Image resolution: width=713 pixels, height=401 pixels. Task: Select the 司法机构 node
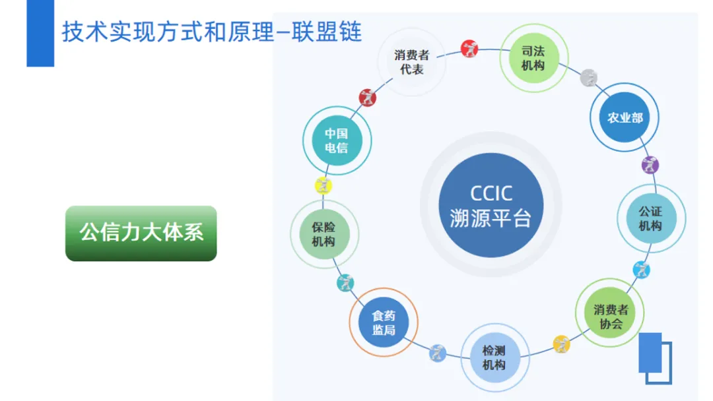[x=533, y=58]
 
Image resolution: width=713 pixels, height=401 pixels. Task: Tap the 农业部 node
[x=624, y=118]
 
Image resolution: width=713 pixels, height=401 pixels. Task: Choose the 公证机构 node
[x=650, y=218]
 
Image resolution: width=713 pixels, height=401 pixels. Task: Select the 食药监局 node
[x=384, y=322]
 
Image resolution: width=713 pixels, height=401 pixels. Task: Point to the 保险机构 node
[x=324, y=234]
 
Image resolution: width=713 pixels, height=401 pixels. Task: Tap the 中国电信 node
[x=336, y=140]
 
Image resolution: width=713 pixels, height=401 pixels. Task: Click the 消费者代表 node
[x=412, y=61]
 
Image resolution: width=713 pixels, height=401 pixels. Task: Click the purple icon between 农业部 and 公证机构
[x=650, y=164]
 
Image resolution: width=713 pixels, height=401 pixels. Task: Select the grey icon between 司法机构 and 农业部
[x=588, y=78]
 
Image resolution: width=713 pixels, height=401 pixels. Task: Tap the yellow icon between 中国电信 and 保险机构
[x=323, y=185]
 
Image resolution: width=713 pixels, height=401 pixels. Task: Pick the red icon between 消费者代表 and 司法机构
[x=469, y=48]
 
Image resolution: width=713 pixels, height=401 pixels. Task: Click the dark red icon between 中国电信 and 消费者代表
[x=368, y=98]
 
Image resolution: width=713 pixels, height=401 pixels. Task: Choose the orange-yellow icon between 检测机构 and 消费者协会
[x=561, y=343]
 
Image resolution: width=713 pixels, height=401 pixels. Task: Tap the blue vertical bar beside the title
[x=40, y=33]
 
